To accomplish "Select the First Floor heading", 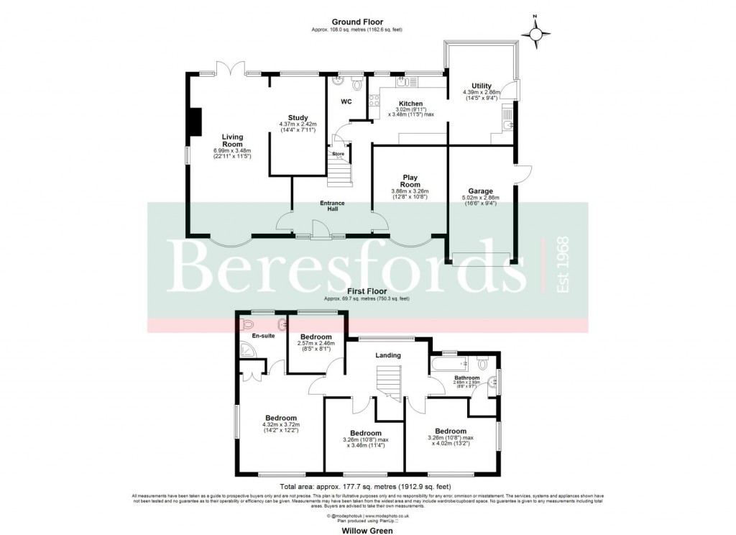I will coord(367,291).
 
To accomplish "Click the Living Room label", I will coord(232,140).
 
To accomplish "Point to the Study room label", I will coord(298,118).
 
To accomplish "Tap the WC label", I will coord(346,101).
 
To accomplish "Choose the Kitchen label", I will coord(410,104).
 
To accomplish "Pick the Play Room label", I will coord(410,180).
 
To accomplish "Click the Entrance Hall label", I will coord(332,206).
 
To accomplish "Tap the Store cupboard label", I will coord(338,153).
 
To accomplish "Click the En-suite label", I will coord(264,335).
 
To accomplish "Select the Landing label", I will coord(387,355).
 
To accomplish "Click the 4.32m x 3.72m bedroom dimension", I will coord(280,426).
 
